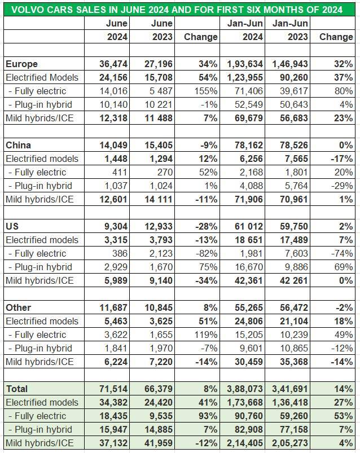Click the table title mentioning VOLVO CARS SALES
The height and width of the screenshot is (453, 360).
[180, 8]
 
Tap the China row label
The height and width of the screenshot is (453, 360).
[17, 145]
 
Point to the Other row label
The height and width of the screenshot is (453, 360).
[18, 307]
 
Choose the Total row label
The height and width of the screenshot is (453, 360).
[16, 389]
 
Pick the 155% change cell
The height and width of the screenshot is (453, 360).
[205, 91]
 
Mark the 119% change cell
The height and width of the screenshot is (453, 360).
[205, 335]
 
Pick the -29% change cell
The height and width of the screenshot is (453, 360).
[342, 186]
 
